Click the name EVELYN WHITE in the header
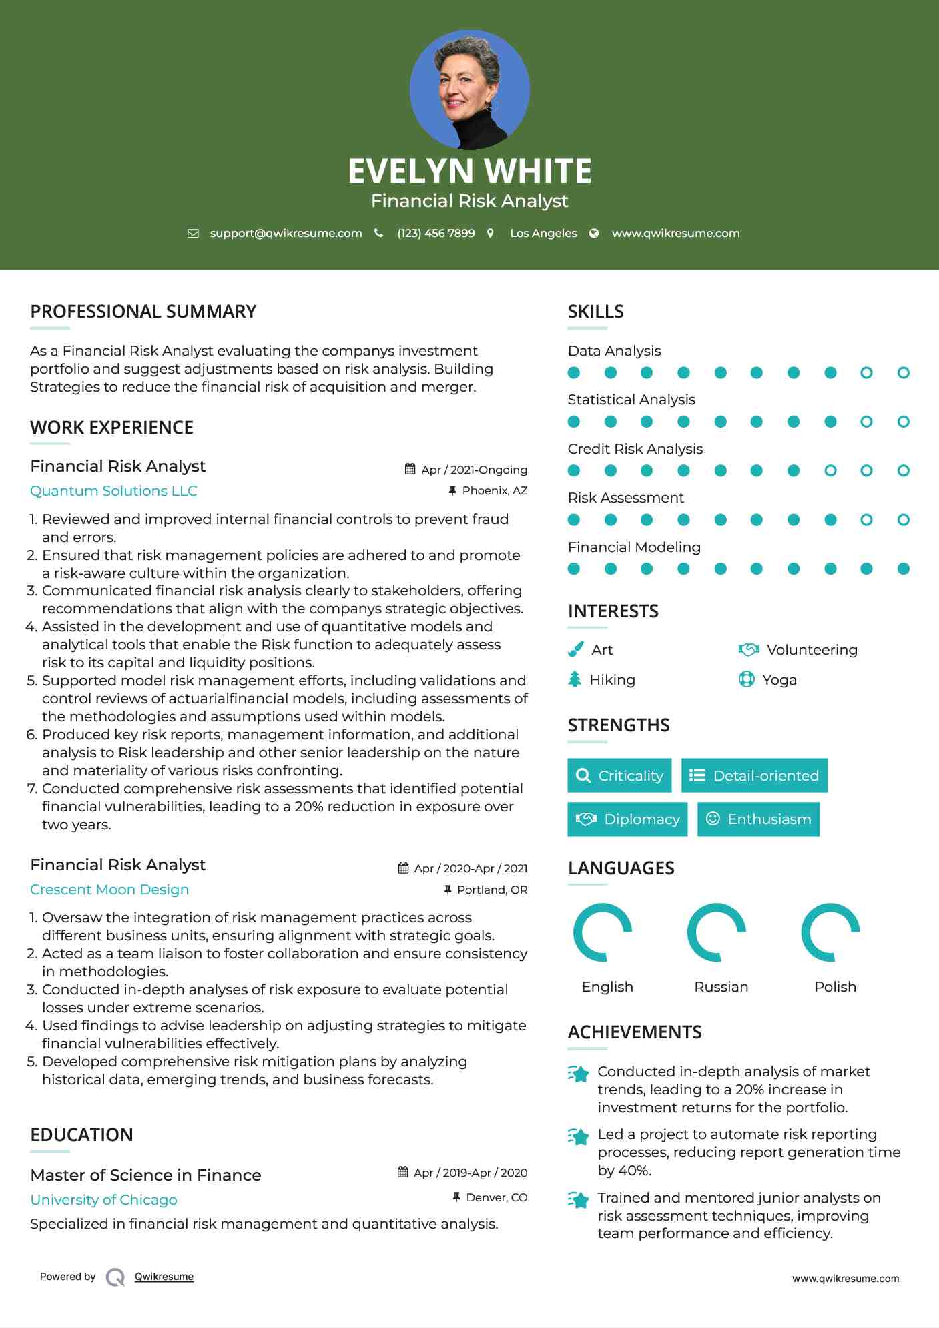469,171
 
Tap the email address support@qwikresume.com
286,233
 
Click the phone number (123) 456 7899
436,233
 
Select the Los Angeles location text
543,233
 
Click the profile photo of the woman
469,89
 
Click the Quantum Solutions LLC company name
113,491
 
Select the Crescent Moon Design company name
109,890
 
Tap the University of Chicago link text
103,1200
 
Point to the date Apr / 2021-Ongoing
474,470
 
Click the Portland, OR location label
492,890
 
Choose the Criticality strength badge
619,775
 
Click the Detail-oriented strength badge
754,775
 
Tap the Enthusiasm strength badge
758,819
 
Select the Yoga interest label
779,680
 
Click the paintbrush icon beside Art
575,649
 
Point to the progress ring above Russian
716,932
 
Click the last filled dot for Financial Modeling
903,569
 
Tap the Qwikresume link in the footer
164,1277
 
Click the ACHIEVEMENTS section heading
634,1032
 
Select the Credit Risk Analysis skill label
635,449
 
